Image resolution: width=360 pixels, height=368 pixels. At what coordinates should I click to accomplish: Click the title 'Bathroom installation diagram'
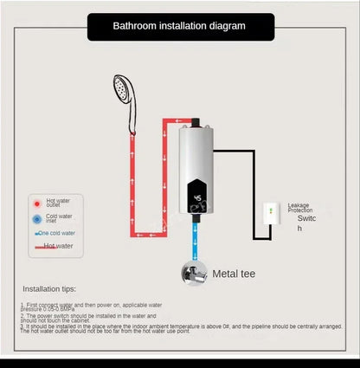click(179, 26)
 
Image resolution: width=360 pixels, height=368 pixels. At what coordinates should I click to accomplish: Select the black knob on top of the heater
click(198, 116)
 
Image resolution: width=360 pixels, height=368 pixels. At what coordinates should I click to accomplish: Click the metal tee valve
click(196, 273)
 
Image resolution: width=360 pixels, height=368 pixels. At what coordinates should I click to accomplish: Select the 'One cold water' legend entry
click(56, 233)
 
